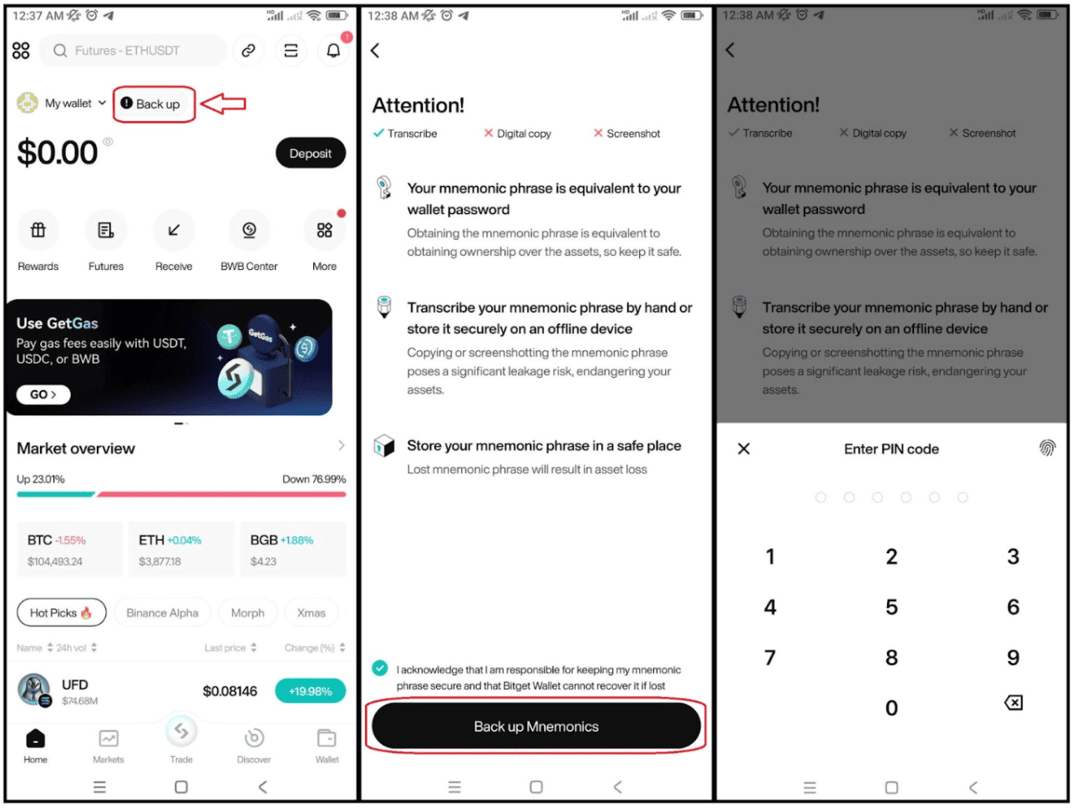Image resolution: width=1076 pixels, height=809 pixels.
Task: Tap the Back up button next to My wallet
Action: point(154,104)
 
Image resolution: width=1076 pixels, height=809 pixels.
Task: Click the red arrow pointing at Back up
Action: point(224,104)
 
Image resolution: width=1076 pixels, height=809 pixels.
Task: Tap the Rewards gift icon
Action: point(38,231)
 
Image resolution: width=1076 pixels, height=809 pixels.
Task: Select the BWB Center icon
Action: point(249,231)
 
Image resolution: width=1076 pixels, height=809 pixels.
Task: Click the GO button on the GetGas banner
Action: point(43,394)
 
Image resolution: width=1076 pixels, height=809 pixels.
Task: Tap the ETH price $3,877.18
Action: point(160,562)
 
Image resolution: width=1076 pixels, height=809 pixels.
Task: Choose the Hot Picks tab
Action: point(61,613)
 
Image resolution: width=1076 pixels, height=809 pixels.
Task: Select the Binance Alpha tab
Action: point(162,613)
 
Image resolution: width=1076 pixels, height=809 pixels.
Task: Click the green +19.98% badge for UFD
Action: point(310,691)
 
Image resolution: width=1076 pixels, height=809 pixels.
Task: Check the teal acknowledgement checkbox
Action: point(380,668)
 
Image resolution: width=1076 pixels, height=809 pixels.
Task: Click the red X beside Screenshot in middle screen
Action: point(598,133)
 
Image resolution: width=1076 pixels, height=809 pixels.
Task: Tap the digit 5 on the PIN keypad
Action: point(891,608)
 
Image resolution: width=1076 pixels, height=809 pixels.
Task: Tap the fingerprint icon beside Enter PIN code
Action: point(1047,449)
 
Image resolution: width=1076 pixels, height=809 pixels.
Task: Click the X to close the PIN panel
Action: point(744,449)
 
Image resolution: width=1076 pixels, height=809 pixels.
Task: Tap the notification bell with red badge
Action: point(334,51)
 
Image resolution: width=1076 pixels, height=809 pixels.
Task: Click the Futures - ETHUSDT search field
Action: point(134,51)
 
